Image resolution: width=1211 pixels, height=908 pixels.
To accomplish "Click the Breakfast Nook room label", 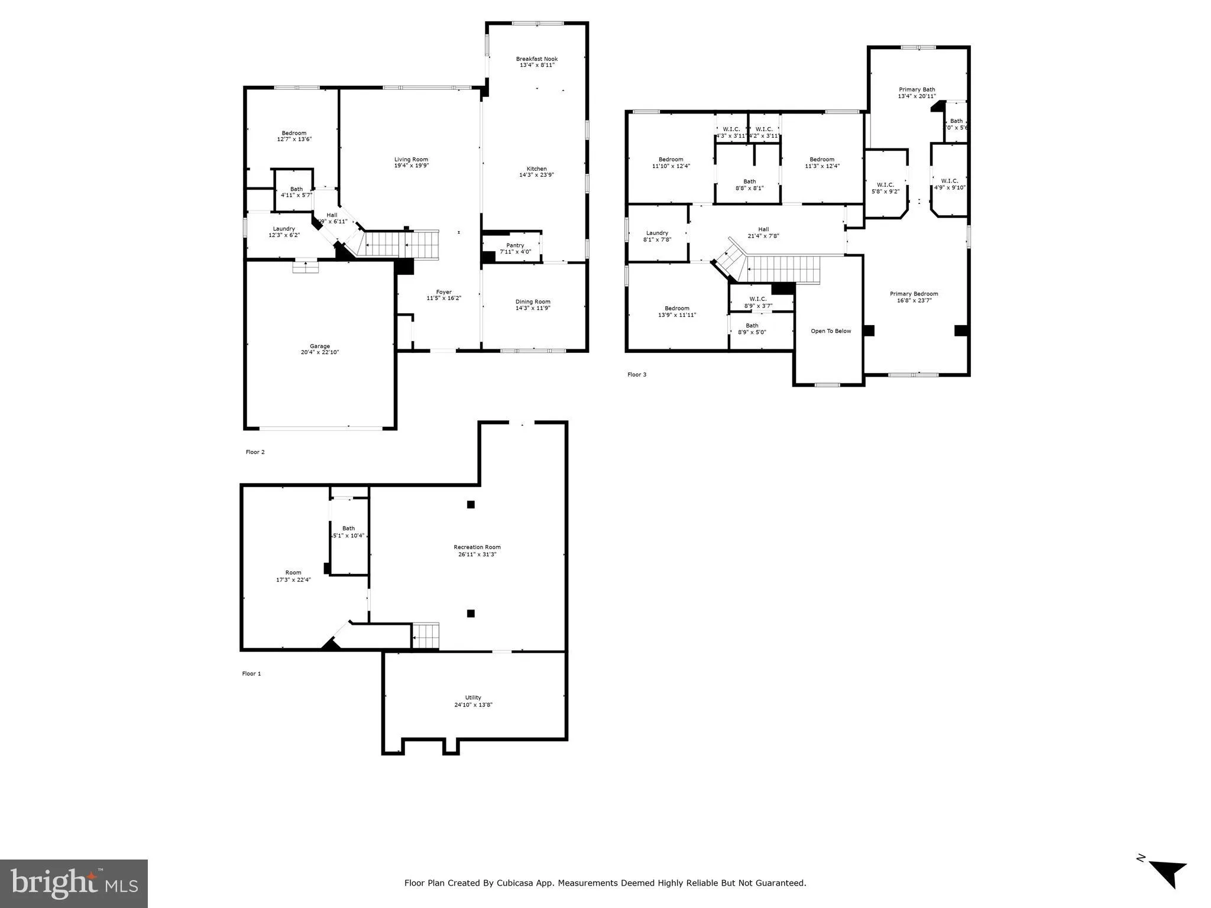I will pyautogui.click(x=536, y=59).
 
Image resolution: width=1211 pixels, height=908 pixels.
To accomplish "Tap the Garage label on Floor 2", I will pyautogui.click(x=319, y=346).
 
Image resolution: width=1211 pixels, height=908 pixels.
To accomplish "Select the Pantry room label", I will pyautogui.click(x=515, y=245).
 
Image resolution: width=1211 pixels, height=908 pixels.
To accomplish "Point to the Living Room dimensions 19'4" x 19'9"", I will pyautogui.click(x=411, y=166).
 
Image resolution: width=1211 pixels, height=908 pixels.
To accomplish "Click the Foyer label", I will pyautogui.click(x=443, y=292).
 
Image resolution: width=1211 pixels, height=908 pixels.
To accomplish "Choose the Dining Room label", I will pyautogui.click(x=533, y=301).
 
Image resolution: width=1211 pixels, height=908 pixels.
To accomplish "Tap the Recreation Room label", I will pyautogui.click(x=477, y=547).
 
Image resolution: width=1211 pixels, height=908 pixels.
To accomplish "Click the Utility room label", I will pyautogui.click(x=473, y=698).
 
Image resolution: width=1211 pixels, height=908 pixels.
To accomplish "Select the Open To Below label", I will pyautogui.click(x=831, y=331).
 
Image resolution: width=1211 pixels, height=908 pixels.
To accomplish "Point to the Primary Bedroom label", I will pyautogui.click(x=914, y=294).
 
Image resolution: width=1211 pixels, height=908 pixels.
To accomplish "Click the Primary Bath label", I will pyautogui.click(x=917, y=90).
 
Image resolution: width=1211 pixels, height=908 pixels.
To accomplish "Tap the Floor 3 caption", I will pyautogui.click(x=637, y=375).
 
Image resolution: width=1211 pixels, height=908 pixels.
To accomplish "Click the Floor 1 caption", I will pyautogui.click(x=251, y=674).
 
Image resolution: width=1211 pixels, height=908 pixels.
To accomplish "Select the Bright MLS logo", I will pyautogui.click(x=74, y=884).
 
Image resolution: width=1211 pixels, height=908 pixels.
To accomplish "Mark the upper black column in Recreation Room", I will pyautogui.click(x=471, y=504).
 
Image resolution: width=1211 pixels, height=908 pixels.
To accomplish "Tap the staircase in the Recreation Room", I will pyautogui.click(x=426, y=637).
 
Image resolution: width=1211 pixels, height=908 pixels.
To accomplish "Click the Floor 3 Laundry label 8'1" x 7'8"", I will pyautogui.click(x=657, y=236).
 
